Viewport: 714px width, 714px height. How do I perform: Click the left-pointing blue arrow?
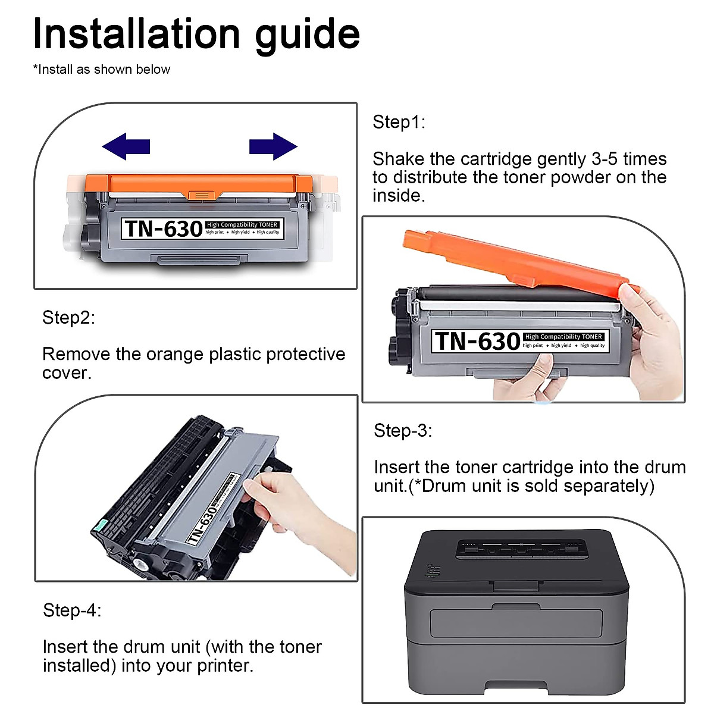126,146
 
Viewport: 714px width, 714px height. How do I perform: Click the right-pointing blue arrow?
273,146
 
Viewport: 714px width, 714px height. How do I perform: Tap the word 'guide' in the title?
308,36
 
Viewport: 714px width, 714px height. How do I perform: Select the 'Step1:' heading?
399,122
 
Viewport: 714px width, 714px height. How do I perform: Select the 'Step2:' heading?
68,318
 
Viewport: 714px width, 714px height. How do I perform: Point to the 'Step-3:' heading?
403,431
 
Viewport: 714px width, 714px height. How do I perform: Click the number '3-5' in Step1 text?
605,159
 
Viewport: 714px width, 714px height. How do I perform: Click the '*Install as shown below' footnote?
102,69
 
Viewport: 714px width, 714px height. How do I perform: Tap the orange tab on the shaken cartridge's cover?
201,195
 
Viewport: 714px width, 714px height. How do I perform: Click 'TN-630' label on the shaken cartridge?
164,228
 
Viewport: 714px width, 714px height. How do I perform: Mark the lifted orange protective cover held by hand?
519,261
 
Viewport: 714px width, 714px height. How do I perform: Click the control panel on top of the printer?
522,549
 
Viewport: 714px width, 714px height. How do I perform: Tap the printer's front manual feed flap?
516,624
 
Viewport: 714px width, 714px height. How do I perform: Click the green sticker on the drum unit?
101,525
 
